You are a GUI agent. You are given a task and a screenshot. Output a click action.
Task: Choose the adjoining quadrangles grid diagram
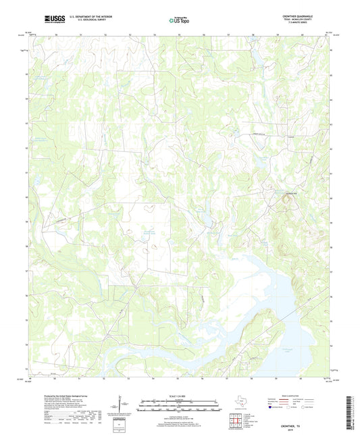tap(236, 421)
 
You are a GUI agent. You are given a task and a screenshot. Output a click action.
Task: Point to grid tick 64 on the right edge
tap(330, 99)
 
